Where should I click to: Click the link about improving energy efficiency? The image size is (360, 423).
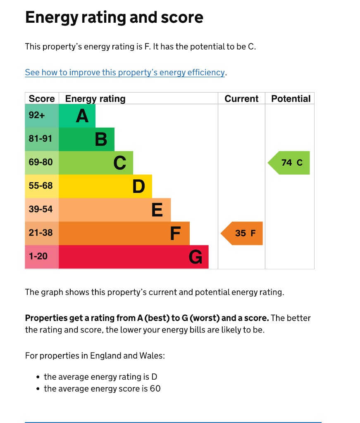coord(125,73)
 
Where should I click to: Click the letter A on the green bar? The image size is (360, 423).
coord(82,116)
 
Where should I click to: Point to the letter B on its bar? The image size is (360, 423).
coord(101,139)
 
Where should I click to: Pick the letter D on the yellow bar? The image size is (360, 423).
coord(139,186)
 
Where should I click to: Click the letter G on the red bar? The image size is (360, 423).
coord(195,257)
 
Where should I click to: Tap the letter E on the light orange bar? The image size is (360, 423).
coord(157,210)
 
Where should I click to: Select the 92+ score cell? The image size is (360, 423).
coord(37,115)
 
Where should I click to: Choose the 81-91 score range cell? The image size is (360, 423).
coord(41,139)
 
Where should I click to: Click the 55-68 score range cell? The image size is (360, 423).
coord(41,186)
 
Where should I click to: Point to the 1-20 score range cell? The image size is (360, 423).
coord(38,257)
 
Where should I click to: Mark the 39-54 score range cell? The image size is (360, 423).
coord(41,209)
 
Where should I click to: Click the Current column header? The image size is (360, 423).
coord(241,99)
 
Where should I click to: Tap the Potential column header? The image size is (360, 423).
coord(291,99)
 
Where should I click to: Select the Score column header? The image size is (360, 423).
coord(42,99)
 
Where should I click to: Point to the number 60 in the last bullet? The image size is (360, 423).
coord(155,389)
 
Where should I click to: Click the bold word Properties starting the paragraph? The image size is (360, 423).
coord(45,318)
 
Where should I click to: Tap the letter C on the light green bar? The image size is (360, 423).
coord(120,163)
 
